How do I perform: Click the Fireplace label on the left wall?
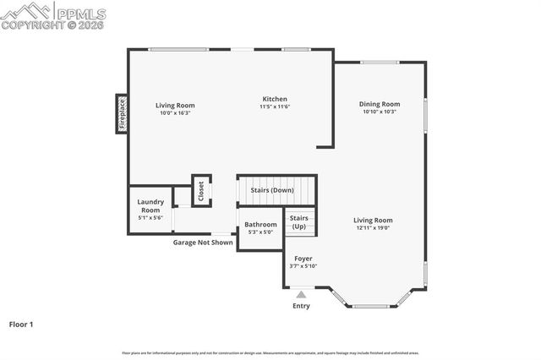click(x=122, y=114)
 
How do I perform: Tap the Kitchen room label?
click(x=275, y=99)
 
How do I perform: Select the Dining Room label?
click(x=380, y=104)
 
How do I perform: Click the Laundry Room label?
click(x=150, y=205)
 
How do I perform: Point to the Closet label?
click(x=201, y=190)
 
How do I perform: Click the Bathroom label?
click(x=260, y=225)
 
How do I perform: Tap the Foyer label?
click(x=303, y=259)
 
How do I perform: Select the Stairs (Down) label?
click(x=271, y=190)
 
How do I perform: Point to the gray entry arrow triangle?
click(x=301, y=294)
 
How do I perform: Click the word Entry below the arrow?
click(x=301, y=306)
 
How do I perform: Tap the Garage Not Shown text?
click(x=203, y=243)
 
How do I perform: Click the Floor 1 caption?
click(x=21, y=324)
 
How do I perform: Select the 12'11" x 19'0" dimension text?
click(x=373, y=228)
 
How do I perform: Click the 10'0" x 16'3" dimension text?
click(x=175, y=113)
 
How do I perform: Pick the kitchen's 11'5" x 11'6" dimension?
click(x=275, y=107)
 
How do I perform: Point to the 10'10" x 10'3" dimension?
click(x=380, y=112)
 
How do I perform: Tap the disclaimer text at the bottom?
click(x=270, y=353)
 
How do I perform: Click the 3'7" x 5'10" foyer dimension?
click(x=303, y=266)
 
